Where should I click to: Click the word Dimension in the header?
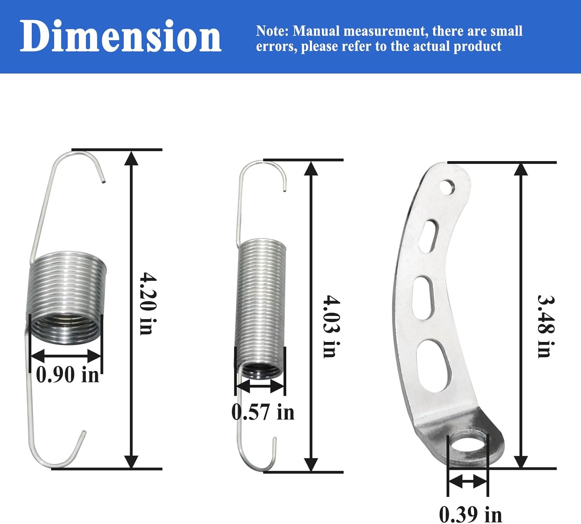coord(120,36)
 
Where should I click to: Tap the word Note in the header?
coord(272,31)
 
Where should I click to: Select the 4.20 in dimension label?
coord(148,303)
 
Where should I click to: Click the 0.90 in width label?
coord(67,375)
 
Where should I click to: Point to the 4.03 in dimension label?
coord(331,326)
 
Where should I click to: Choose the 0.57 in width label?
coord(263,412)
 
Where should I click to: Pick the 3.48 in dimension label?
coord(546,326)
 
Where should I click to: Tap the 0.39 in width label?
coord(471,514)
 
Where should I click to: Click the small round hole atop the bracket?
coord(447,187)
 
